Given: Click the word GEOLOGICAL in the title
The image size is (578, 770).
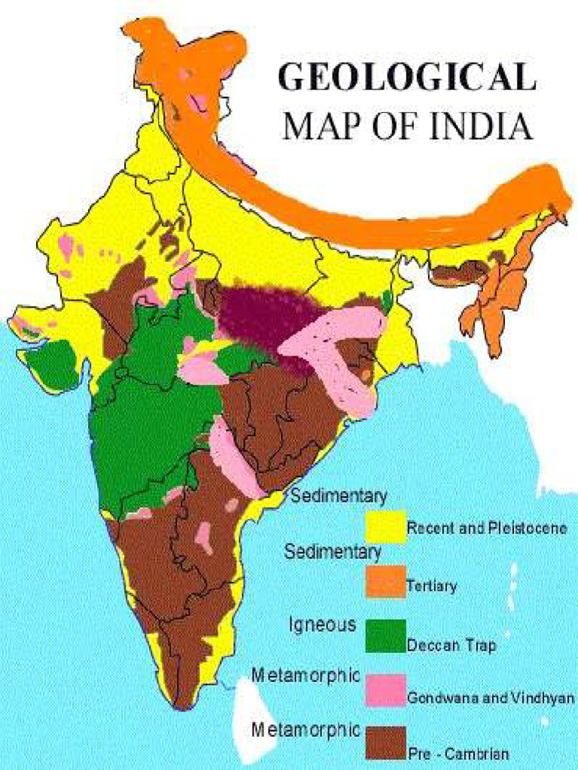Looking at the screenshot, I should (x=407, y=78).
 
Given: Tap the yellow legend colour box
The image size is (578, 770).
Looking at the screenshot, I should (x=385, y=527).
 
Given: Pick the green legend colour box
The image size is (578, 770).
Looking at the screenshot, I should (x=385, y=635).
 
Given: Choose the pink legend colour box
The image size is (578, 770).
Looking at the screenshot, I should (x=385, y=690).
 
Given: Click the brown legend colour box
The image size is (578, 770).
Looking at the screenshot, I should (x=385, y=743).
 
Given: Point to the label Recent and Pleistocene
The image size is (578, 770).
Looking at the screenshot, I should (x=486, y=529).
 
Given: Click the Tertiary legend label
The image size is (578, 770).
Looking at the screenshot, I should (x=431, y=586).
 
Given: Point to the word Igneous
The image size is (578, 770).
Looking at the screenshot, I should (x=322, y=623).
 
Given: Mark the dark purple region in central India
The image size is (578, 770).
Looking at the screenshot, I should (x=260, y=316).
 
